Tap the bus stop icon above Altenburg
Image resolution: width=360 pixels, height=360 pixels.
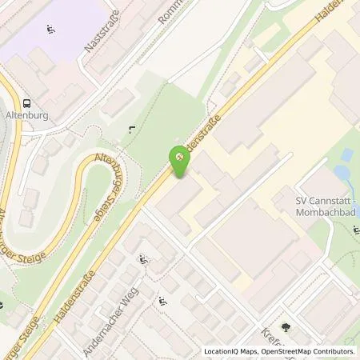(x=27, y=103)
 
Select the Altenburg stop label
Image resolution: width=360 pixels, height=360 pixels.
(x=27, y=115)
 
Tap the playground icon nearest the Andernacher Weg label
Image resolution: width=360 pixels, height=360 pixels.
(x=143, y=258)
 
